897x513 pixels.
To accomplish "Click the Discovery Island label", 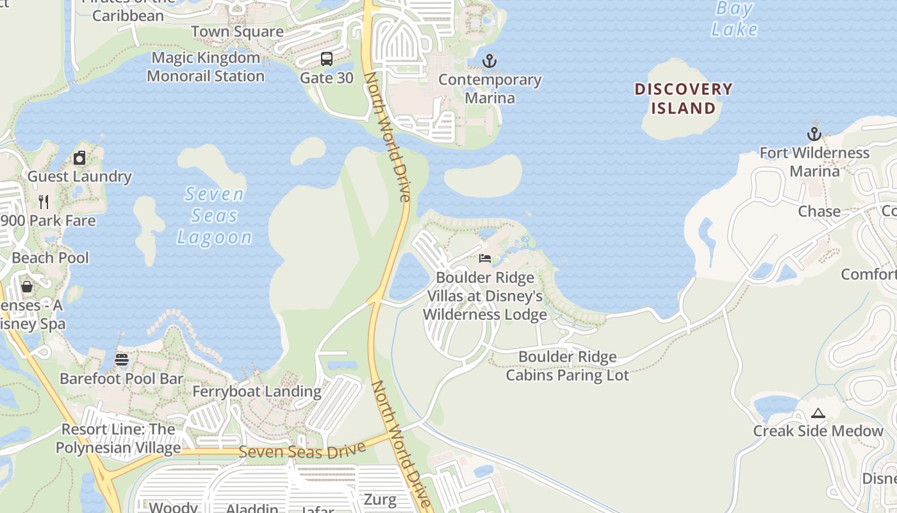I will pos(683,98).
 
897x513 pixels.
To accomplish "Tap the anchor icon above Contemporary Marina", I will pos(490,61).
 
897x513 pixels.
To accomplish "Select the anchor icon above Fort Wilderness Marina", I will pos(814,134).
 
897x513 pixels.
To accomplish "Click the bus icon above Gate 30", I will pos(327,59).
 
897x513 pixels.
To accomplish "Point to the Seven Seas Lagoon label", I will pos(215,215).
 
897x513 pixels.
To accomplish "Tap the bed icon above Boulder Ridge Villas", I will pos(485,258).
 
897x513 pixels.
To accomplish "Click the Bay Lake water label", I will pos(735,19).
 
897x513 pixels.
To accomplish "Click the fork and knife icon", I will pos(44,202).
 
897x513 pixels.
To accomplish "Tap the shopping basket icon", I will pos(27,286).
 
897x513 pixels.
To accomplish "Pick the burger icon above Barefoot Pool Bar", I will pos(122,360).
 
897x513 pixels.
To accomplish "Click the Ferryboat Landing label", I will pos(257,391).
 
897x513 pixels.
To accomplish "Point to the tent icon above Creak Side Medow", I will pos(818,413).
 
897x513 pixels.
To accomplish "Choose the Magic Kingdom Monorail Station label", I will pos(206,67).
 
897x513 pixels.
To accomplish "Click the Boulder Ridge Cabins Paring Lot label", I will pos(568,366).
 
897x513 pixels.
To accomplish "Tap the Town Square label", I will pos(237,31).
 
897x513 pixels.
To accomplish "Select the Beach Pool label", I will pos(51,258).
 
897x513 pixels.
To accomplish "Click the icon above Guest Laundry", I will pos(79,158).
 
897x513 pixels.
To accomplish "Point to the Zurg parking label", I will pos(380,499).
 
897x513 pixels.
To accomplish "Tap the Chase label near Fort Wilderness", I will pos(819,211).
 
